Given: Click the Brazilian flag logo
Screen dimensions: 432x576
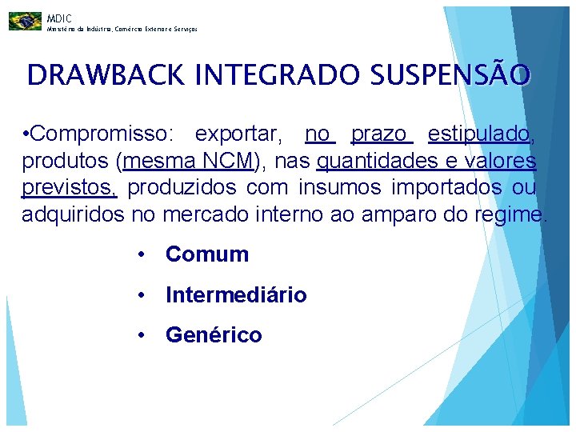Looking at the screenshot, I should [25, 21].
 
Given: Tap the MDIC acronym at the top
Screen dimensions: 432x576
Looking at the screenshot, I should [58, 18].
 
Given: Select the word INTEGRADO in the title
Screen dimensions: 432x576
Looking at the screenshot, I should [278, 75].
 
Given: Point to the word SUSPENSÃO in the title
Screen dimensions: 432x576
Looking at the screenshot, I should [450, 75].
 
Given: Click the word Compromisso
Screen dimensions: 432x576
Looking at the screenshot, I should [103, 134].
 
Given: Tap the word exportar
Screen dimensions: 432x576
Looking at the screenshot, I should [238, 134].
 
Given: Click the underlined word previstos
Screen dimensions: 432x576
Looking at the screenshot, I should [70, 188].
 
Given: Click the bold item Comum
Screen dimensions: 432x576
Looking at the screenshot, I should [207, 254].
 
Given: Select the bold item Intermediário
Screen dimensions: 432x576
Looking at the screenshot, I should [236, 295].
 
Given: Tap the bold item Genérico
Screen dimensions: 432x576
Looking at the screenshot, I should [214, 335].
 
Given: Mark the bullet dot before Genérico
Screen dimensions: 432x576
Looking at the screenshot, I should [140, 335].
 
